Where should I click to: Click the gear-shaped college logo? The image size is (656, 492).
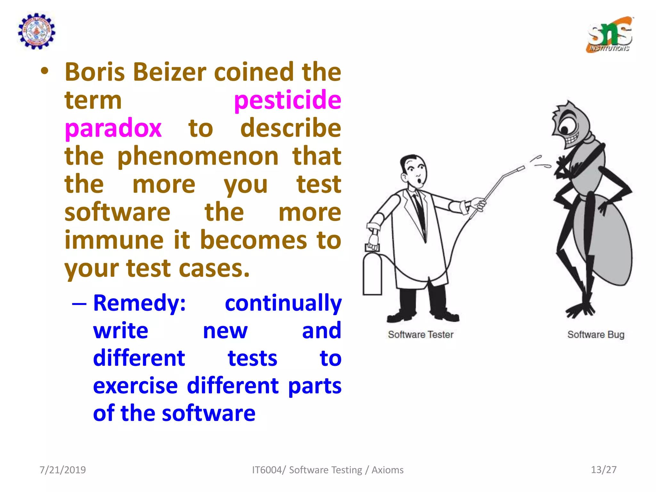[x=37, y=31]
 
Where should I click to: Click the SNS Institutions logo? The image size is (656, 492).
[x=610, y=35]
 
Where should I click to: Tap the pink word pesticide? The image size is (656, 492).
[x=287, y=100]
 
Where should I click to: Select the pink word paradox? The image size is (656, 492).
[x=113, y=128]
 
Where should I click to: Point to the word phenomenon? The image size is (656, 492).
[x=198, y=156]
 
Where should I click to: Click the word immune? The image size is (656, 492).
[x=114, y=240]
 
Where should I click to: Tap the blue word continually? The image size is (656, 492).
[x=283, y=303]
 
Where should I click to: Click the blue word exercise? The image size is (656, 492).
[x=135, y=386]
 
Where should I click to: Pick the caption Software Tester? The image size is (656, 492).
[x=421, y=335]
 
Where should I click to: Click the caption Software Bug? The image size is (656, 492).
[x=596, y=335]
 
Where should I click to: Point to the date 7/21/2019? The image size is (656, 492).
[x=63, y=470]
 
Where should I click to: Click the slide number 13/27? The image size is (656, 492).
[x=603, y=470]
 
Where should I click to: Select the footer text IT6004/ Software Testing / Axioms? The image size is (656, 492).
[x=328, y=470]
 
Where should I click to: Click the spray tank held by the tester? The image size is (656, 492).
[x=372, y=272]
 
